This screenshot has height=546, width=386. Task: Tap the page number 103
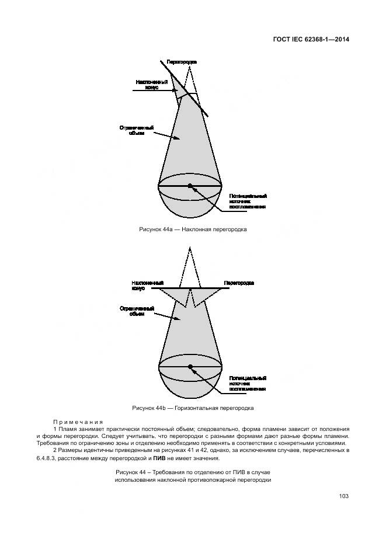point(343,496)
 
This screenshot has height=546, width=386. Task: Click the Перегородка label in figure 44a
point(181,61)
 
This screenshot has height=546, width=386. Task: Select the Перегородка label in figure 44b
point(239,283)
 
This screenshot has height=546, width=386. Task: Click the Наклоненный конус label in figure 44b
point(143,286)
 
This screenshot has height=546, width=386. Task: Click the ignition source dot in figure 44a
point(190,185)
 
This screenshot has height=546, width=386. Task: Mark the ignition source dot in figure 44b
point(190,366)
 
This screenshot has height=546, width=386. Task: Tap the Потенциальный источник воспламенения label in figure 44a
point(248,201)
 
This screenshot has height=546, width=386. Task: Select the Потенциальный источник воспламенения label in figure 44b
point(248,383)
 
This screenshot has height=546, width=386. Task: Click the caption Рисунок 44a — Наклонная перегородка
point(193,229)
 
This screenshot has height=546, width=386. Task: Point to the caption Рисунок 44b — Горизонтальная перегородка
point(193,408)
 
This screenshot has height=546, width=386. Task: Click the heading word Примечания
point(78,422)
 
